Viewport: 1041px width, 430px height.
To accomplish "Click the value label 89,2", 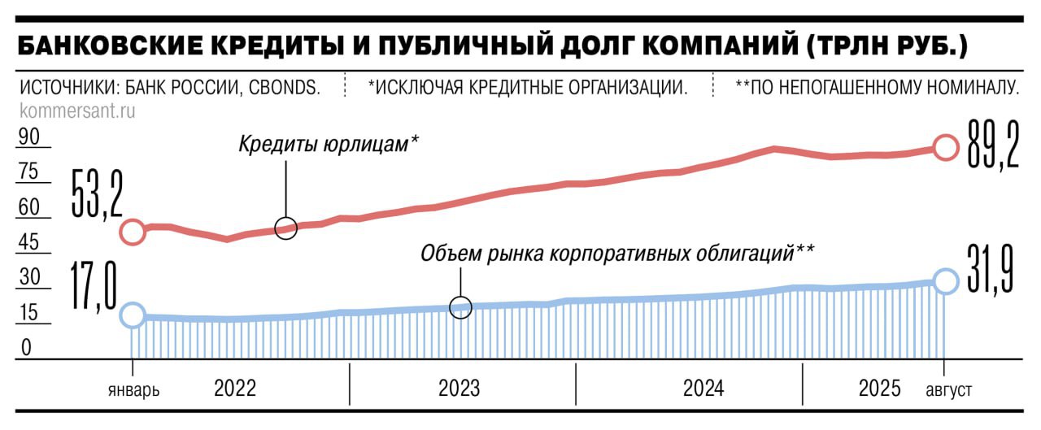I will pyautogui.click(x=992, y=144).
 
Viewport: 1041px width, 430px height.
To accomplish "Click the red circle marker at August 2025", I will pyautogui.click(x=945, y=147).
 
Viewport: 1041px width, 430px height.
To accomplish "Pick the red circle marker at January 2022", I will pyautogui.click(x=133, y=232).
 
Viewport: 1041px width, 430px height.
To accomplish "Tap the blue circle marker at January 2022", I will pyautogui.click(x=133, y=315).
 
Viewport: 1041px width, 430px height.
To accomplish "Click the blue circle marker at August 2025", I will pyautogui.click(x=945, y=280).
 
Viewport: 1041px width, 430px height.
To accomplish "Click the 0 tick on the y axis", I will pyautogui.click(x=26, y=348).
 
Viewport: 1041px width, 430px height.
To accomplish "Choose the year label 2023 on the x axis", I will pyautogui.click(x=460, y=389).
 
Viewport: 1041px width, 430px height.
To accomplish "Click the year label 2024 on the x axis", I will pyautogui.click(x=703, y=389).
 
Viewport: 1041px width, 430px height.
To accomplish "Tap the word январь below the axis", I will pyautogui.click(x=133, y=390).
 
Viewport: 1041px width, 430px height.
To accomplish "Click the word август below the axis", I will pyautogui.click(x=948, y=390).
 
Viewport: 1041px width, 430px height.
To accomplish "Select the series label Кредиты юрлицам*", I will pyautogui.click(x=329, y=145).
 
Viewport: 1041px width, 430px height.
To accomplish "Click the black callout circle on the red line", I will pyautogui.click(x=286, y=228).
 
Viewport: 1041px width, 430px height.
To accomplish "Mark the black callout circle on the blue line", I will pyautogui.click(x=461, y=308).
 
